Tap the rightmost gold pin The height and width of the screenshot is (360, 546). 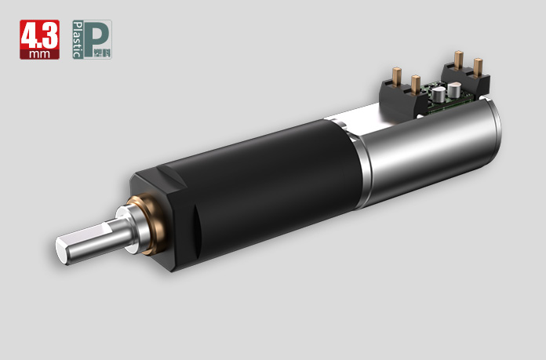(x=478, y=64)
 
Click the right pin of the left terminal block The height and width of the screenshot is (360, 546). (x=416, y=82)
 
